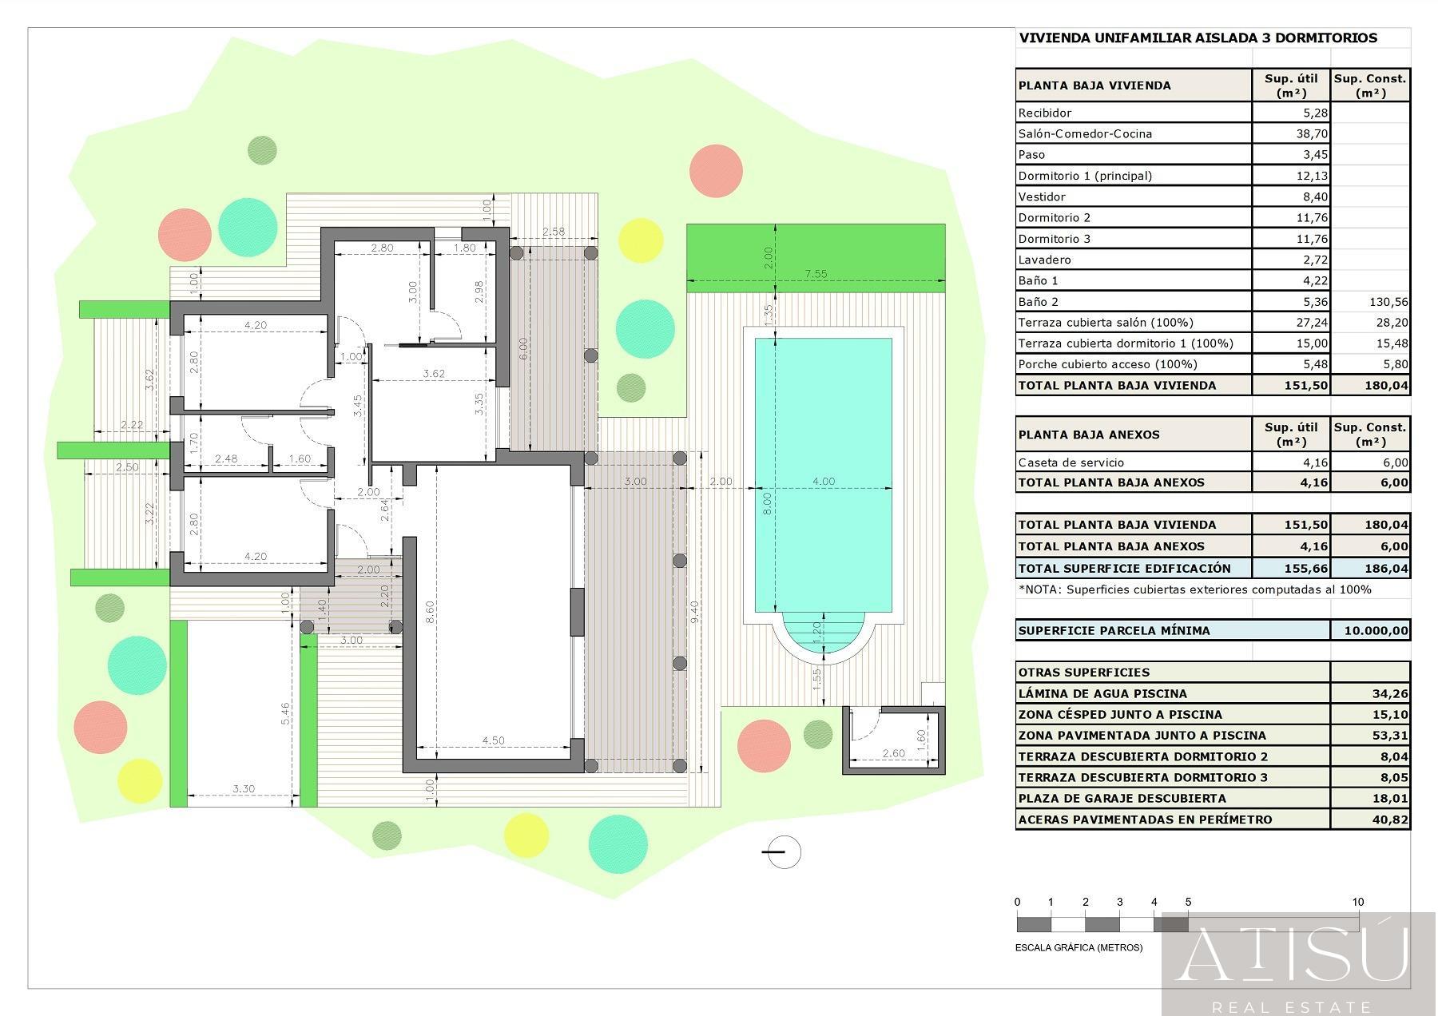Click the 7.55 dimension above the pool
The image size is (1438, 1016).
pos(816,274)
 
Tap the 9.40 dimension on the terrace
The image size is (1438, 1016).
pos(695,612)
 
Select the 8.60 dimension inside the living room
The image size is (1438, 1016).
pos(430,612)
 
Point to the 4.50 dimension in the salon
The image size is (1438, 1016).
pos(494,740)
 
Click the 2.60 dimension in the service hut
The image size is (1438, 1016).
pos(894,753)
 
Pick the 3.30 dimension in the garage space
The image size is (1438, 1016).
pos(244,788)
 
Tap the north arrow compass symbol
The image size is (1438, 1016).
pos(782,852)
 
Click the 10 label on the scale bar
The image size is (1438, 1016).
pos(1358,902)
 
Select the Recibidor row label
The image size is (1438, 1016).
pos(1045,113)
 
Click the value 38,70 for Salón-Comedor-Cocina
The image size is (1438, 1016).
pos(1313,134)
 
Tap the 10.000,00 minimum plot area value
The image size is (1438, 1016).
pos(1376,630)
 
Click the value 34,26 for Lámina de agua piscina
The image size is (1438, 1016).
pos(1391,693)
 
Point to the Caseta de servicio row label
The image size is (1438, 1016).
pos(1071,462)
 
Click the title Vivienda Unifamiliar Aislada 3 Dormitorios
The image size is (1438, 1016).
pos(1198,38)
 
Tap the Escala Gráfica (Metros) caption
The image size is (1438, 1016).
pos(1078,947)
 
